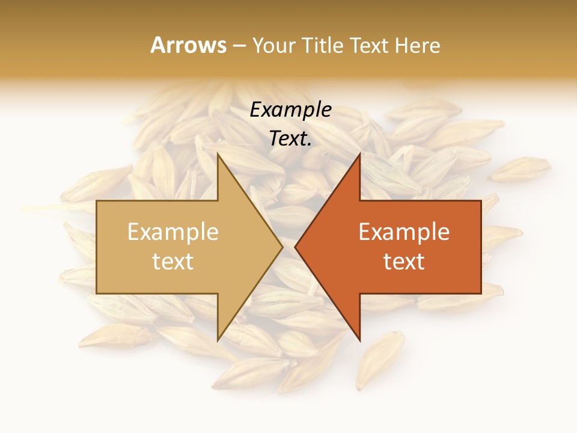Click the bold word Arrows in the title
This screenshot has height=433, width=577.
pyautogui.click(x=188, y=45)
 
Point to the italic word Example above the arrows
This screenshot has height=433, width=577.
pyautogui.click(x=290, y=110)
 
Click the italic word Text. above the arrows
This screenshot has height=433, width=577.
pyautogui.click(x=290, y=139)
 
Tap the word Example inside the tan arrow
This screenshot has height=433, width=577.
pyautogui.click(x=172, y=232)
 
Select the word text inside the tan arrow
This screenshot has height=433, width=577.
pyautogui.click(x=172, y=262)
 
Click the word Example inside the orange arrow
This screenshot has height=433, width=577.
pyautogui.click(x=404, y=232)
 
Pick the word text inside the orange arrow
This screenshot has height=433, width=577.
pyautogui.click(x=404, y=262)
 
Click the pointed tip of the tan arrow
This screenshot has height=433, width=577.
pyautogui.click(x=282, y=247)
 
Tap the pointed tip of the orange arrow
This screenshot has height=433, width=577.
pyautogui.click(x=296, y=247)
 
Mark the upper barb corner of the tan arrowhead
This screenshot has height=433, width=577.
pyautogui.click(x=218, y=155)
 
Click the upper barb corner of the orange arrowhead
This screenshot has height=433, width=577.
pyautogui.click(x=359, y=155)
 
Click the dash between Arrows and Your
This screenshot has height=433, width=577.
pyautogui.click(x=239, y=45)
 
